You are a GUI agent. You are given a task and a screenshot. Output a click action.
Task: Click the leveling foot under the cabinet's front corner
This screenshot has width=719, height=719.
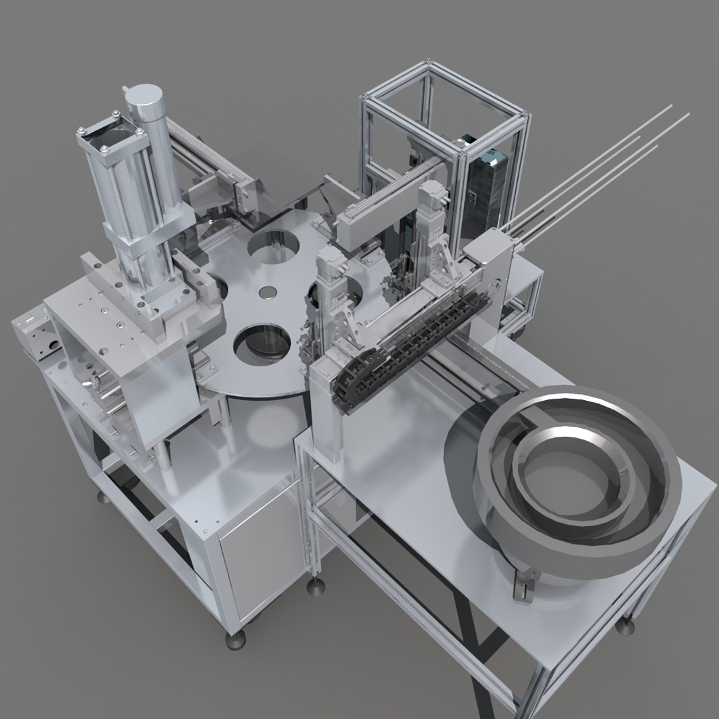(x=235, y=640)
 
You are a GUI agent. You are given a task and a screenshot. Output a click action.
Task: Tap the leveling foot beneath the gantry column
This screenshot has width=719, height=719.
(x=315, y=585)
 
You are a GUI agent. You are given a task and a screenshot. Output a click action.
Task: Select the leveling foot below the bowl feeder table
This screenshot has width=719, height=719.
(x=626, y=626)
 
